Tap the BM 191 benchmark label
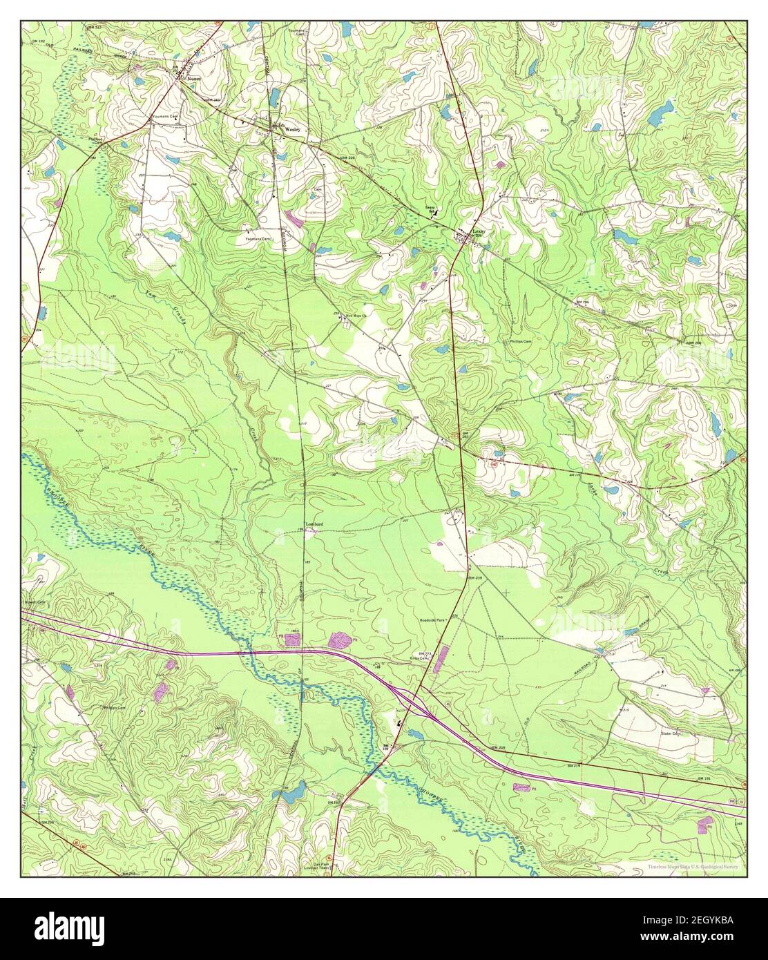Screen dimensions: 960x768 pos(731,778)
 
